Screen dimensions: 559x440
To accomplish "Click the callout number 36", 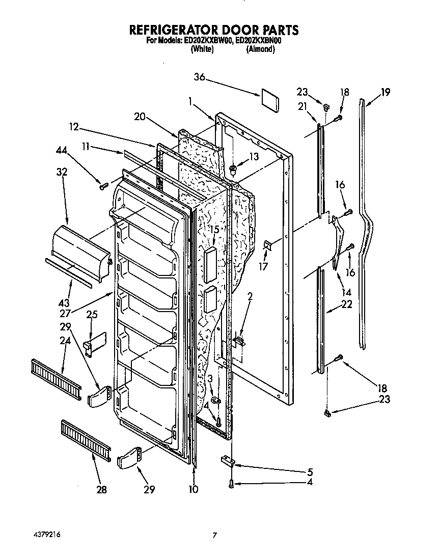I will [x=199, y=77].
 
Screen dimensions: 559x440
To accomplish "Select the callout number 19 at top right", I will [x=385, y=92].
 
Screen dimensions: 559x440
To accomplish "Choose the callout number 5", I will [x=310, y=472].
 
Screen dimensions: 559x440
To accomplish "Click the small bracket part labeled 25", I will [x=96, y=342].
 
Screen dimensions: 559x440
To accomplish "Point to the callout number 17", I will [x=263, y=266].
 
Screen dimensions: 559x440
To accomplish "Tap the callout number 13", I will [x=253, y=156].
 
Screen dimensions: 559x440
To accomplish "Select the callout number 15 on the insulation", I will [x=215, y=230].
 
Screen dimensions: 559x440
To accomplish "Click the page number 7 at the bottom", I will [x=215, y=535].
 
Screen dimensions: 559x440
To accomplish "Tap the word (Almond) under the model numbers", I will [x=260, y=50].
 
